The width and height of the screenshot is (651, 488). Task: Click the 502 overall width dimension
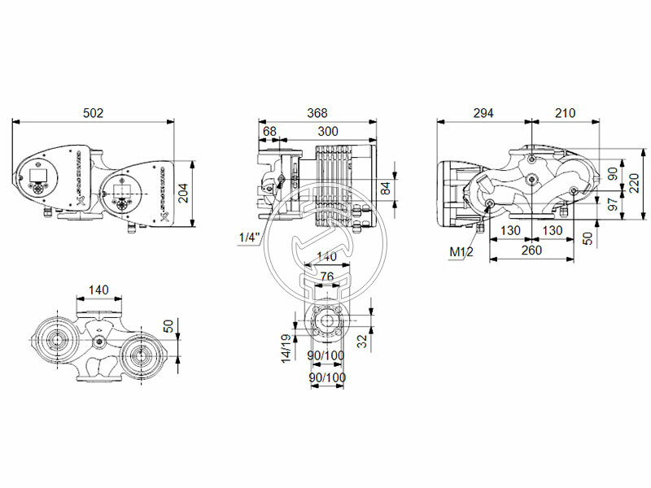click(x=94, y=114)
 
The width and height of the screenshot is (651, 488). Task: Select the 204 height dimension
click(x=183, y=192)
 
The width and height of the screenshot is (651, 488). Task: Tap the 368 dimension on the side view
click(x=317, y=114)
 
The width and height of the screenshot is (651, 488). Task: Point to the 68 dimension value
click(x=269, y=131)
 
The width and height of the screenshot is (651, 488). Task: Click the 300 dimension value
click(x=329, y=131)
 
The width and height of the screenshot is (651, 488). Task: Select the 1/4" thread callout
click(x=249, y=237)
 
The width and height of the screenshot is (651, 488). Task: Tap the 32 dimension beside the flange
click(x=361, y=342)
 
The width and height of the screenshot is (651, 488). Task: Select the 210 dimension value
click(x=564, y=114)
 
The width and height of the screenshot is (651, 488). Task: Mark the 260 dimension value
click(x=531, y=251)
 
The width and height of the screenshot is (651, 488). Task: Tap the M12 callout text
click(x=461, y=252)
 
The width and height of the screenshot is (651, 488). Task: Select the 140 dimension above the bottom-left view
click(x=98, y=290)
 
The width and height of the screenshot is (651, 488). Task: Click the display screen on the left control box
click(x=39, y=174)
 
